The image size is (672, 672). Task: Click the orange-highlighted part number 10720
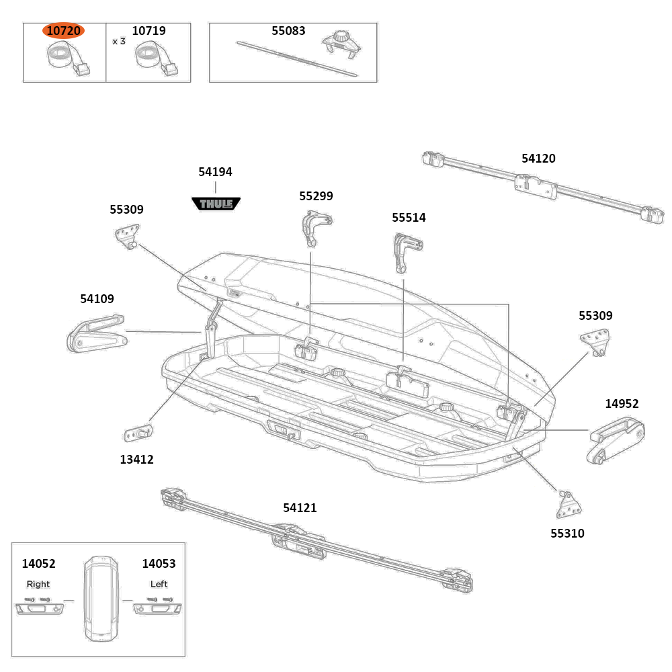(x=64, y=31)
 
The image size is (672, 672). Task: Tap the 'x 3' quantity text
(x=119, y=41)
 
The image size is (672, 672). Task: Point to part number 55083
(x=288, y=31)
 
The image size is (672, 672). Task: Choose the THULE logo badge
(x=216, y=203)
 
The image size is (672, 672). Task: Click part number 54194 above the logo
(x=215, y=172)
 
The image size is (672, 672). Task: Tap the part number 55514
(x=409, y=218)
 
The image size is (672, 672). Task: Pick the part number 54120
(x=538, y=159)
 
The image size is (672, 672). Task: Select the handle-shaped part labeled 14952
(x=616, y=441)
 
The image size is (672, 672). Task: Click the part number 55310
(x=567, y=534)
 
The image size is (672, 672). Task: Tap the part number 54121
(x=300, y=508)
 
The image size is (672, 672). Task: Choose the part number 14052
(x=38, y=564)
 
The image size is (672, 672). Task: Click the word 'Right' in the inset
(x=38, y=584)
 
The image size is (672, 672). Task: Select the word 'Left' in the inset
(x=159, y=584)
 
